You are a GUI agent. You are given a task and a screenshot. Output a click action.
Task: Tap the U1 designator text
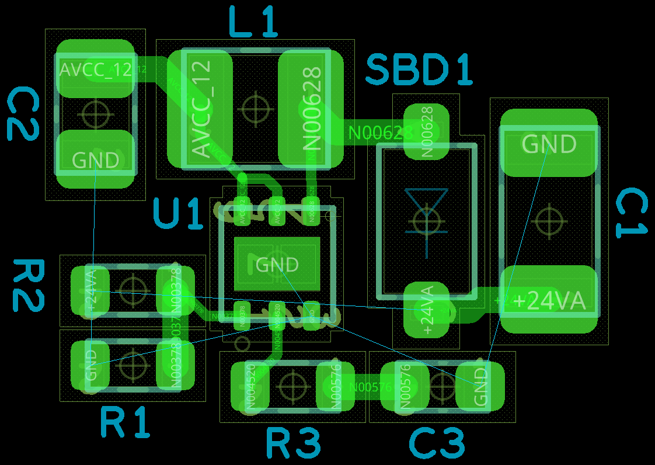[x=178, y=214]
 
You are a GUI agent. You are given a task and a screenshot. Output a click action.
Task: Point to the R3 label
[x=293, y=443]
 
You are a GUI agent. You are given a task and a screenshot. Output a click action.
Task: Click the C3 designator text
[x=437, y=443]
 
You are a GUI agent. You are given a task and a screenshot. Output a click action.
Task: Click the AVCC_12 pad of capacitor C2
[x=95, y=69]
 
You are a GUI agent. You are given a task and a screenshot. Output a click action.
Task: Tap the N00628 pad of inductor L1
[x=311, y=108]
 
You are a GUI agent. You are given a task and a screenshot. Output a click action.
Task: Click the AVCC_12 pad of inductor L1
[x=200, y=108]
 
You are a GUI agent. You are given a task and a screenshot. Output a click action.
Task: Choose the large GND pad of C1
[x=549, y=143]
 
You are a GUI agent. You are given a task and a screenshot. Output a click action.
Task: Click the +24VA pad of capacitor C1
[x=549, y=299]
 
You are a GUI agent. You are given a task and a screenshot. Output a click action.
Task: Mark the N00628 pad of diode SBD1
[x=426, y=131]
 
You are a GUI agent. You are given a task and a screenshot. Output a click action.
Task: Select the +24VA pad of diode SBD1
[x=426, y=310]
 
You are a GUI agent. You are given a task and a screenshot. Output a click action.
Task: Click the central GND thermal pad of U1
[x=277, y=264]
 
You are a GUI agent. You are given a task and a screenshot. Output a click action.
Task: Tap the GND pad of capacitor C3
[x=480, y=386]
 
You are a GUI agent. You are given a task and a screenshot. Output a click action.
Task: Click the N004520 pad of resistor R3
[x=250, y=386]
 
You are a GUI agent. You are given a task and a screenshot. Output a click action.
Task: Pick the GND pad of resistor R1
[x=90, y=366]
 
